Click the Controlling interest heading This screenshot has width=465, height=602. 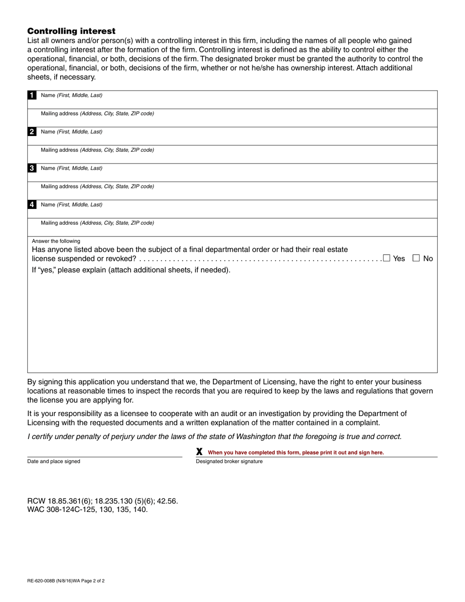[71, 31]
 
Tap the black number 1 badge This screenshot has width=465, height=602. [32, 95]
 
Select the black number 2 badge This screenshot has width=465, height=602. [32, 132]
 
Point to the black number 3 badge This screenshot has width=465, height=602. [32, 168]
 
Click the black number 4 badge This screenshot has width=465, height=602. [32, 205]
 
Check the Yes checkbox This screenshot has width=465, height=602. [387, 258]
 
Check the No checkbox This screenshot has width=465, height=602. [416, 258]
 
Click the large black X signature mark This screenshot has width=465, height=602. [199, 452]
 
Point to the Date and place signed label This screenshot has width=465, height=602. [54, 462]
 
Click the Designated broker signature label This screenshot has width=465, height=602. [229, 462]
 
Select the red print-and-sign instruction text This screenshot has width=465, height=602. [296, 453]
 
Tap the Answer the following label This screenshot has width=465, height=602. [56, 241]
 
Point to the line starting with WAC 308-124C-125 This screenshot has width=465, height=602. [87, 509]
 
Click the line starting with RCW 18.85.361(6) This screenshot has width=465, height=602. [102, 501]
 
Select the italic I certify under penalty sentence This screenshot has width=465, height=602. [214, 437]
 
